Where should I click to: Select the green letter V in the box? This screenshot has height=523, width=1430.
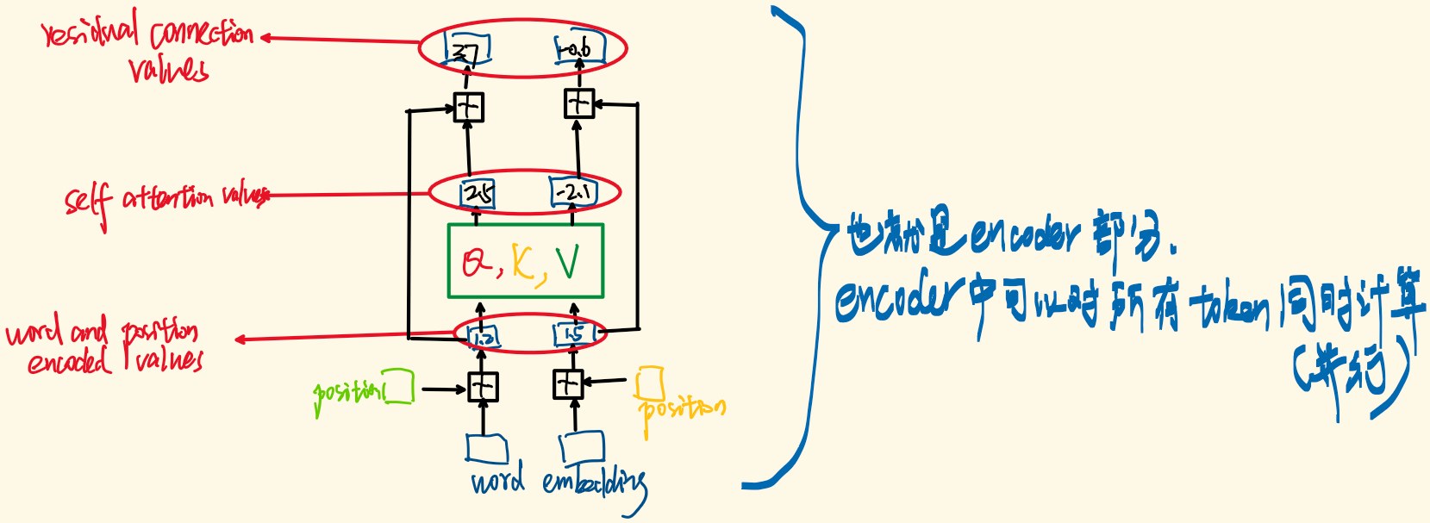point(567,262)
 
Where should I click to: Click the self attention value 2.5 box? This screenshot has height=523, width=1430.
point(478,193)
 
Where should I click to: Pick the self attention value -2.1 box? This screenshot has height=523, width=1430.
point(573,192)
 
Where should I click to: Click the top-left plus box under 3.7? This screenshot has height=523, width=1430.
point(468,107)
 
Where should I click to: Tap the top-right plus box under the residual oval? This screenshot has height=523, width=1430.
point(578,104)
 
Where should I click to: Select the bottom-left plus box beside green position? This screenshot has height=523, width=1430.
point(483,387)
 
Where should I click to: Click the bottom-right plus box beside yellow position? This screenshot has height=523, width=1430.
point(568,383)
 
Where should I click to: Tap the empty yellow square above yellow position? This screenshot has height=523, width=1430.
point(649,382)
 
